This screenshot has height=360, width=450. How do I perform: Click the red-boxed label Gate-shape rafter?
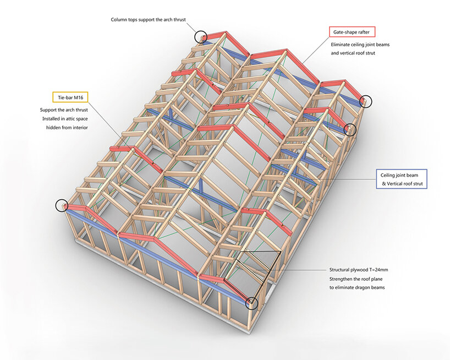pos(352,31)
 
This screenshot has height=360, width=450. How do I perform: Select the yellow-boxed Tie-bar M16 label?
pos(70,97)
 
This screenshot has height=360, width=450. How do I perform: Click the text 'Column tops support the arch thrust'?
pos(148,20)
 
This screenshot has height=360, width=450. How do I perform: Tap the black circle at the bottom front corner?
pos(251,302)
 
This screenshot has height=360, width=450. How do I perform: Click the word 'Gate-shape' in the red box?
pos(344,31)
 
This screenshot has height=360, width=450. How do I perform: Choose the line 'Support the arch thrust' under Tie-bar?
pos(64,110)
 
